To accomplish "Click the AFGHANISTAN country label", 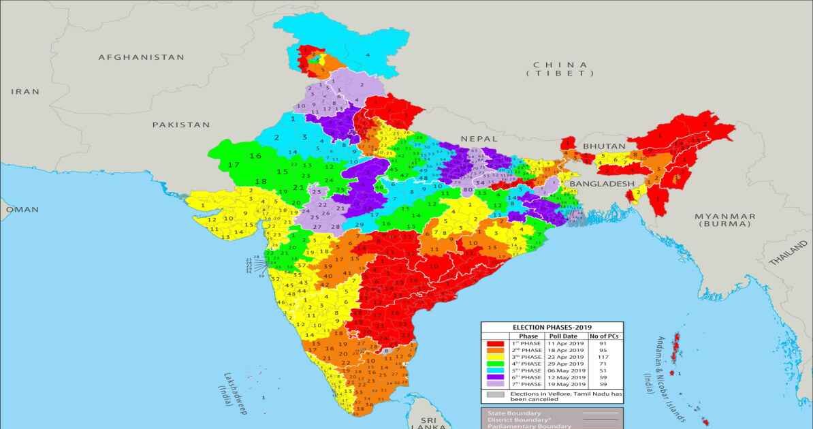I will click(141, 57).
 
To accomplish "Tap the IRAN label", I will click(25, 91).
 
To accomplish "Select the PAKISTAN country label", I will click(181, 125).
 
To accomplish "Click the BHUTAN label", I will click(599, 146).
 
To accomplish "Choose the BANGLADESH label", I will click(601, 184).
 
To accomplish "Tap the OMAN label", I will click(22, 210).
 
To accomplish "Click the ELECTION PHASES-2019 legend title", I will click(552, 328).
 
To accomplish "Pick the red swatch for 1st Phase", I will click(495, 344).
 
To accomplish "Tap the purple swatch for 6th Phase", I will click(495, 377).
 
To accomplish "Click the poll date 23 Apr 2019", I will click(565, 357).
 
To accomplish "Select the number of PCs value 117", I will click(603, 357).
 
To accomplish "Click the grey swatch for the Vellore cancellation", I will click(495, 394).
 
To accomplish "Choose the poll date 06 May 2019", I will click(565, 370).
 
